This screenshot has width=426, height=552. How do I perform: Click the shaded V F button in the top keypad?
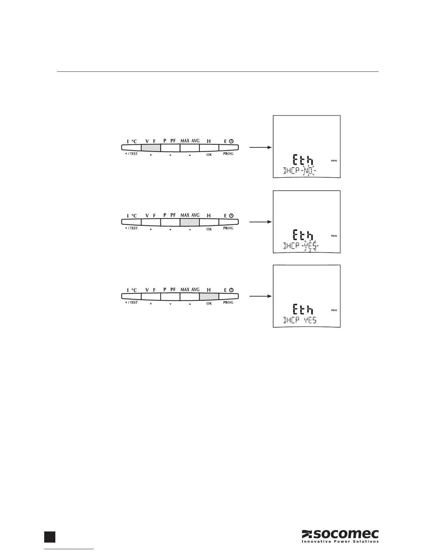pos(151,148)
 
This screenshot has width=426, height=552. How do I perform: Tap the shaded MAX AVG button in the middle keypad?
pos(190,222)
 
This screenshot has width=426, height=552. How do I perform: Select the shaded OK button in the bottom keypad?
pos(209,296)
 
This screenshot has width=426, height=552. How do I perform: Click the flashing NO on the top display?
pos(308,171)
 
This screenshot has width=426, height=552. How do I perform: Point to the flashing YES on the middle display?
pos(310,246)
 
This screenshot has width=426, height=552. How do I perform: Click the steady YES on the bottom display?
pos(310,320)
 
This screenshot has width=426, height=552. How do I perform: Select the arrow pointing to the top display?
pos(260,147)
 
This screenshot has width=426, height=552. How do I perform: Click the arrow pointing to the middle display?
pos(260,222)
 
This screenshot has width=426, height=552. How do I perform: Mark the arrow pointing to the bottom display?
pos(260,296)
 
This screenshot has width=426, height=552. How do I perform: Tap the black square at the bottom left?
pos(50,537)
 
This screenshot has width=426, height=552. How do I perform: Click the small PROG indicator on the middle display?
pos(334,236)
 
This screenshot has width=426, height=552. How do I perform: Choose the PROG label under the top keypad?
pos(228,154)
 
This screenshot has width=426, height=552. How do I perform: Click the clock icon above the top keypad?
pos(231,141)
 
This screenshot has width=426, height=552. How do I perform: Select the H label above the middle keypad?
pos(209,216)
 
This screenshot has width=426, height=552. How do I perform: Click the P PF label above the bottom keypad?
pos(170,290)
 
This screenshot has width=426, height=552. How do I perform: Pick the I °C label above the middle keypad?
pos(132,216)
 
